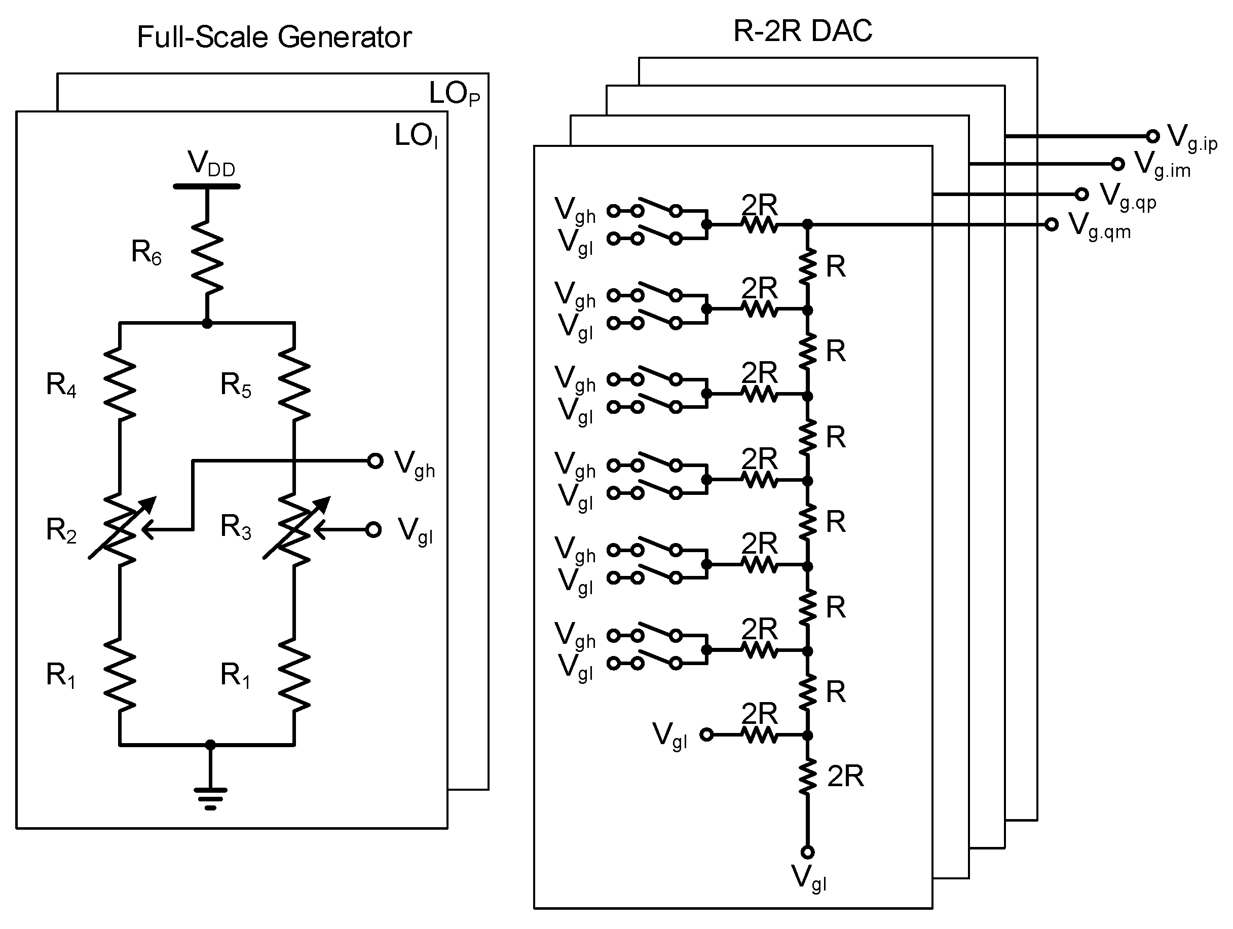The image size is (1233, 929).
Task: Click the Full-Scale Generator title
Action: click(274, 38)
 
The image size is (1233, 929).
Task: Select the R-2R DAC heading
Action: click(802, 31)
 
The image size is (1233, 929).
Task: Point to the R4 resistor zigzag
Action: click(120, 384)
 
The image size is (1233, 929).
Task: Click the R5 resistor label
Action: click(235, 385)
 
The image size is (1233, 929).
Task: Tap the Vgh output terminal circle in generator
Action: click(375, 461)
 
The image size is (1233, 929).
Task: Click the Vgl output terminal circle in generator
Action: click(373, 529)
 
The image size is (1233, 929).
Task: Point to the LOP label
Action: click(454, 94)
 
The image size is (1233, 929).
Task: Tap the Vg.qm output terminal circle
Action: click(1051, 224)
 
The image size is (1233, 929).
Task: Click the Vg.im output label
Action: click(1162, 166)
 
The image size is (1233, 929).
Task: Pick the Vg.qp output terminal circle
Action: click(1081, 194)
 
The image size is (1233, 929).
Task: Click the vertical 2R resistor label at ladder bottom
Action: click(845, 777)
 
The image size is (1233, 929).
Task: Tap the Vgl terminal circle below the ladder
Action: click(807, 852)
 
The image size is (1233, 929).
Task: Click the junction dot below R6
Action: click(207, 323)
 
